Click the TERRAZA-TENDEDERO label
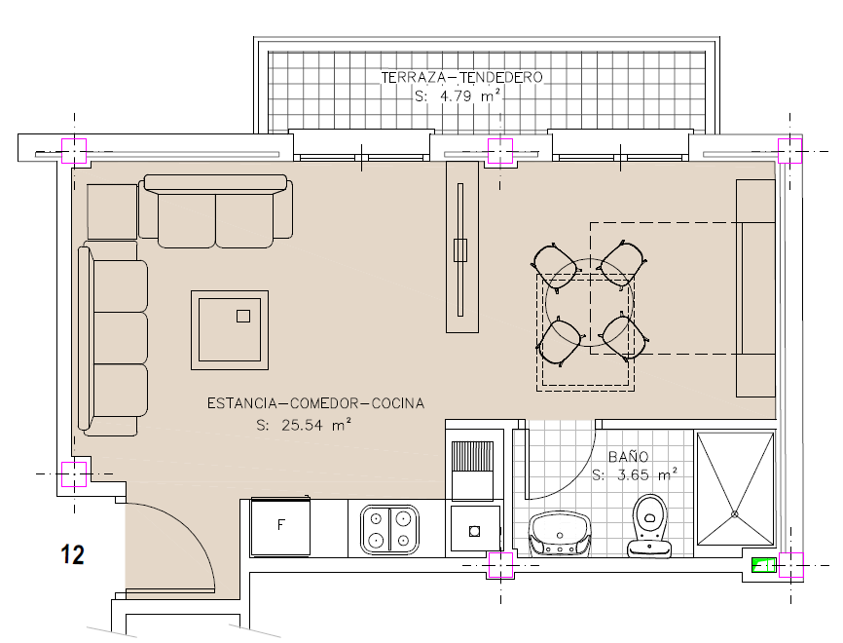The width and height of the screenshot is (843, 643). tap(461, 78)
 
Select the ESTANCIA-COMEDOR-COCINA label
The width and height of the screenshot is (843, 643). tap(316, 403)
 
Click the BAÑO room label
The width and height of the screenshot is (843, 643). tap(628, 456)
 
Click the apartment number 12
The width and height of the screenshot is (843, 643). tap(73, 554)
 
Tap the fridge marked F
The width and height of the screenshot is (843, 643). tap(280, 526)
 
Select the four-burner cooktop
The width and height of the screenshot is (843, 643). tap(389, 529)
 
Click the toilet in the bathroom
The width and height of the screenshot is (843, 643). tap(649, 526)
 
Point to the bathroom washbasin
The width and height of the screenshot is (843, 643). tap(560, 533)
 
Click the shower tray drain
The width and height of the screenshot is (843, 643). tap(734, 514)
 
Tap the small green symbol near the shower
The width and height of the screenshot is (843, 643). tap(763, 565)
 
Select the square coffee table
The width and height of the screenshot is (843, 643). tap(230, 330)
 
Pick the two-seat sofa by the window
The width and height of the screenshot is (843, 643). tap(215, 211)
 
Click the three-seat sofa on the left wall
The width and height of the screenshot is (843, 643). tap(113, 338)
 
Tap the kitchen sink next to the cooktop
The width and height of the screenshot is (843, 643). tap(474, 528)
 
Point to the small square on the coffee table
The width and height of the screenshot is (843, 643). tap(243, 316)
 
